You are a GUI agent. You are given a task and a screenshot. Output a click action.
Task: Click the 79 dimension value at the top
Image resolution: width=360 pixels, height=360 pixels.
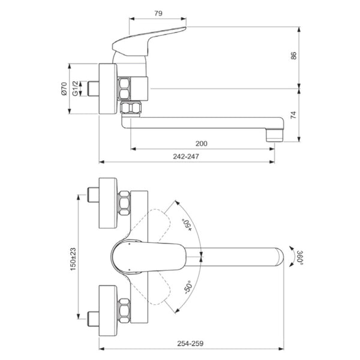158,13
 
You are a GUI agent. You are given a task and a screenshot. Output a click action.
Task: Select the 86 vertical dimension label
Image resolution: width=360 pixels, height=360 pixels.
294,56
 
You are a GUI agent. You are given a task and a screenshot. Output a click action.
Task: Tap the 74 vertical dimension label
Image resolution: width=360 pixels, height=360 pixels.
294,116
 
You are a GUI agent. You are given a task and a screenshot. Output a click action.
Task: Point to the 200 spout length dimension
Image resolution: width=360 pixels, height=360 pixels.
202,143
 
